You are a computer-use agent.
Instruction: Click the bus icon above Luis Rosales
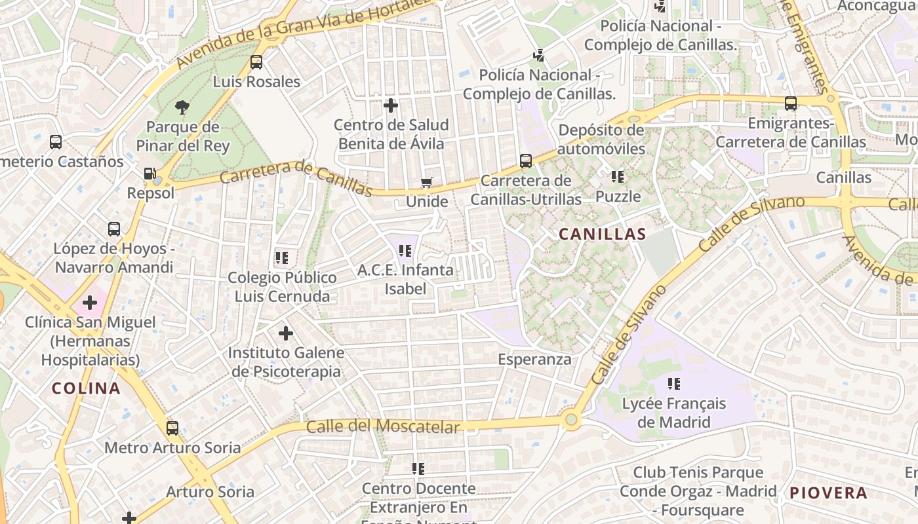click(256, 62)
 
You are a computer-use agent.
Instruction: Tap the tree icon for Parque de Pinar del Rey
click(182, 107)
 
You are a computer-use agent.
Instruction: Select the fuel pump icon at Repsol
click(150, 174)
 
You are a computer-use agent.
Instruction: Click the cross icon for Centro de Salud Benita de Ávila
click(391, 105)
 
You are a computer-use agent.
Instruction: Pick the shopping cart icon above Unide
click(427, 182)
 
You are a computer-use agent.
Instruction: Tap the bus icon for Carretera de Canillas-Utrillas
click(525, 160)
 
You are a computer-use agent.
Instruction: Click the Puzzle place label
click(618, 196)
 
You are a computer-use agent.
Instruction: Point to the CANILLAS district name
click(602, 234)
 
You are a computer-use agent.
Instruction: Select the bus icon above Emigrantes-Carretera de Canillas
click(791, 103)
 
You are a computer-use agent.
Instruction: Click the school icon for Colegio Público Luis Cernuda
click(282, 258)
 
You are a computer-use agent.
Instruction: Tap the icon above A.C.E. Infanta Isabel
click(405, 250)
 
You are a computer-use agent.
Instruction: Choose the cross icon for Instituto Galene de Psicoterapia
click(286, 333)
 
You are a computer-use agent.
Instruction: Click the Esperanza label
click(534, 360)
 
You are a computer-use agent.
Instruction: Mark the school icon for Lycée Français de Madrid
click(673, 383)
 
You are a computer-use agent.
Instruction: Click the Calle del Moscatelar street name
click(383, 427)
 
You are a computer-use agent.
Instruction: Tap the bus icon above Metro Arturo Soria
click(172, 428)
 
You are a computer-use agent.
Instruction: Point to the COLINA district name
click(86, 388)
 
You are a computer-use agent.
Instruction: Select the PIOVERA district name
click(828, 493)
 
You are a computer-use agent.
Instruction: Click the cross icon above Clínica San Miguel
click(90, 303)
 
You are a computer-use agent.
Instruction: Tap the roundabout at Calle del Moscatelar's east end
click(571, 419)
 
